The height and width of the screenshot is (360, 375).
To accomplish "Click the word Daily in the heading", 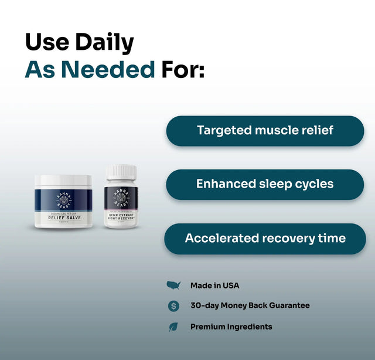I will point(103,43).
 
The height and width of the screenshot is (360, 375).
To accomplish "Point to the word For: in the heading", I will point(183,70).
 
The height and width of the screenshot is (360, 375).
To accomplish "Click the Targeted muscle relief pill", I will point(265,130).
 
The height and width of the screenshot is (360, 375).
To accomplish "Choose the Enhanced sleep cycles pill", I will point(265,184).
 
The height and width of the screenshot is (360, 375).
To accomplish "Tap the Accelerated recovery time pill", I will point(265,238).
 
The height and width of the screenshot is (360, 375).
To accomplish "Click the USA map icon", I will point(173,286).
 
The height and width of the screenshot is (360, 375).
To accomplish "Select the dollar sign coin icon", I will point(173,305).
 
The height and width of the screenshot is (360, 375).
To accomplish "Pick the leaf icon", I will point(173,327).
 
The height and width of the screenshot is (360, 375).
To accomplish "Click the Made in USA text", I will point(214,286).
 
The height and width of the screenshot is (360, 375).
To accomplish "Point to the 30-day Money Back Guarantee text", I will point(250,305).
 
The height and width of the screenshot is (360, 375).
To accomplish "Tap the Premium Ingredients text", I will point(231,327).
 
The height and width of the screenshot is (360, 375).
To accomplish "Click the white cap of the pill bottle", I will point(121,172).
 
